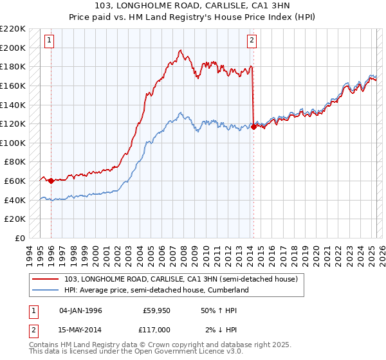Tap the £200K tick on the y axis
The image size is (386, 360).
pos(14,48)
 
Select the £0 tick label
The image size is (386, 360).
pos(21,238)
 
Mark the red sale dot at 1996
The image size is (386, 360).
pos(51,181)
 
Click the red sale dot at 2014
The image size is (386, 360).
pos(253,127)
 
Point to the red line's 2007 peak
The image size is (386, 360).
pos(181,50)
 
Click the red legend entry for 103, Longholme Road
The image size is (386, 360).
pos(181,280)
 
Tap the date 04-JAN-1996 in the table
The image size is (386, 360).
pos(80,310)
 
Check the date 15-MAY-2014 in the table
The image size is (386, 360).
pos(80,330)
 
